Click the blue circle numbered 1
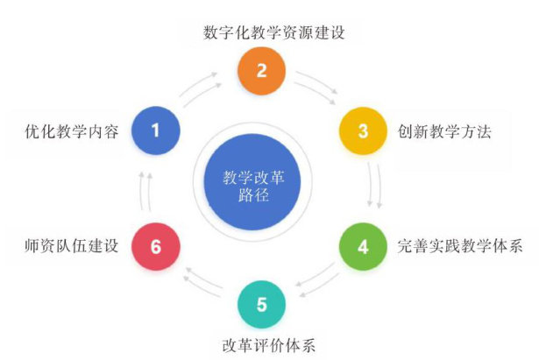tap(156, 131)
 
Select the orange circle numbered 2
tap(261, 71)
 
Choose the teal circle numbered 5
tap(261, 306)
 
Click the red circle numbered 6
tap(156, 246)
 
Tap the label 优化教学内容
tap(72, 132)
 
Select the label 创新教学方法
tap(443, 132)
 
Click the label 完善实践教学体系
tap(459, 246)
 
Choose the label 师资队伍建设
tap(72, 246)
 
